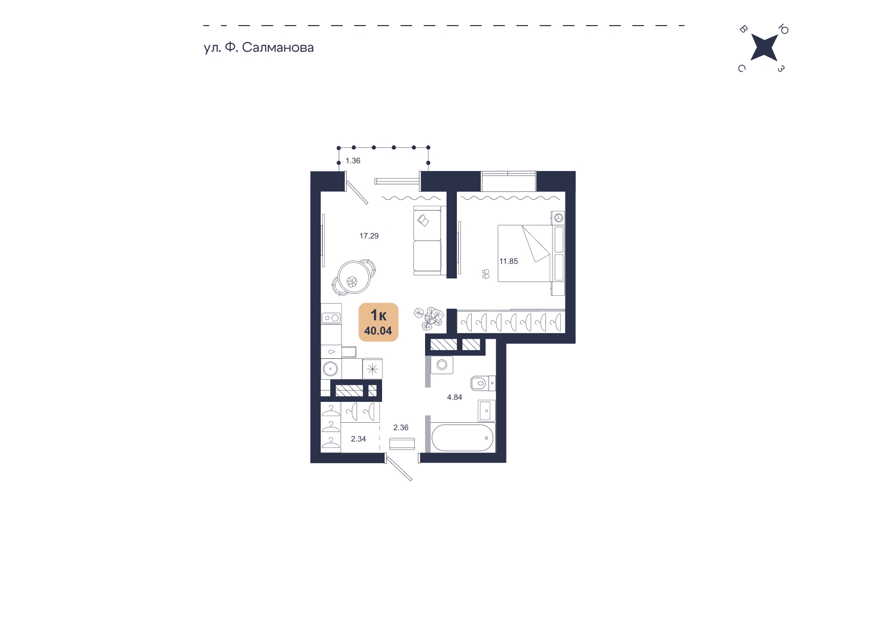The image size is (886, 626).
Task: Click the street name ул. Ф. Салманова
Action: pyautogui.click(x=259, y=48)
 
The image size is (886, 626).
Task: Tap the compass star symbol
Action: pyautogui.click(x=764, y=48)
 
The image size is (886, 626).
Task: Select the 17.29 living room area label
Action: pyautogui.click(x=369, y=236)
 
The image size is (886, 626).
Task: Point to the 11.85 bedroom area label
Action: pyautogui.click(x=509, y=261)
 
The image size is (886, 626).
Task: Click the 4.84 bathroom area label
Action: pyautogui.click(x=454, y=397)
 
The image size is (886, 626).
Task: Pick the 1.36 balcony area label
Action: pyautogui.click(x=353, y=161)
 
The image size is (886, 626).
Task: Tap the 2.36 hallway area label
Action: pyautogui.click(x=400, y=427)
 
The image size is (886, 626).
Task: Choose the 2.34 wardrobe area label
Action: pyautogui.click(x=358, y=439)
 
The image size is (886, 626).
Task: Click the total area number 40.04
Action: pyautogui.click(x=378, y=331)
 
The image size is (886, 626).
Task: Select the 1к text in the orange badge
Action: pyautogui.click(x=378, y=315)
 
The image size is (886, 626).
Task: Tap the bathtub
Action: pyautogui.click(x=462, y=438)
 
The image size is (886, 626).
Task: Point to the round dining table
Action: pyautogui.click(x=354, y=278)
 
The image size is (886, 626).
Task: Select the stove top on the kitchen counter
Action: pyautogui.click(x=331, y=318)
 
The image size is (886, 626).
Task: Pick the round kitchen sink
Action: pyautogui.click(x=330, y=369)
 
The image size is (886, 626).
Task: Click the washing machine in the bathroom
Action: pyautogui.click(x=442, y=365)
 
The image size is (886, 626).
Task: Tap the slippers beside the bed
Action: pyautogui.click(x=486, y=274)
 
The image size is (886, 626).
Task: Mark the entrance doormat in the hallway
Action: pyautogui.click(x=402, y=444)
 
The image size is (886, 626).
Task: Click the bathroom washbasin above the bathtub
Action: pyautogui.click(x=486, y=411)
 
